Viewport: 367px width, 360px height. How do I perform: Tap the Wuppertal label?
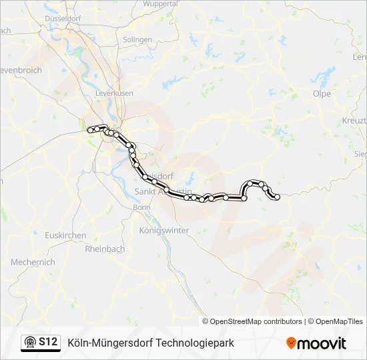point(161,4)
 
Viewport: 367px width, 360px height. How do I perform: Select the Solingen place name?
point(137,40)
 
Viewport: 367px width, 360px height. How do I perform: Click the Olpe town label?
point(322,94)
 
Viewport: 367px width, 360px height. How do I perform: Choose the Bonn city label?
point(142,207)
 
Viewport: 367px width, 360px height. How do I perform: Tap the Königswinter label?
point(164,230)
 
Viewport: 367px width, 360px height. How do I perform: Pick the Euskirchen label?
point(65,236)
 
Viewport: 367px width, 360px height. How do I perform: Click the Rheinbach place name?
point(105,249)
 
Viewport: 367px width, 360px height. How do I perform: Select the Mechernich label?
point(33,263)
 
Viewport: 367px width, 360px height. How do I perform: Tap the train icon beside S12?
point(30,343)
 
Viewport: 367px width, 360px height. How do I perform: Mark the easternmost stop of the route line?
point(276,197)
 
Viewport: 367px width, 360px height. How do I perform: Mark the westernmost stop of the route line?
point(90,131)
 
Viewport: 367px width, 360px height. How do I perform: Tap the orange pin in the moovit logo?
point(291,343)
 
